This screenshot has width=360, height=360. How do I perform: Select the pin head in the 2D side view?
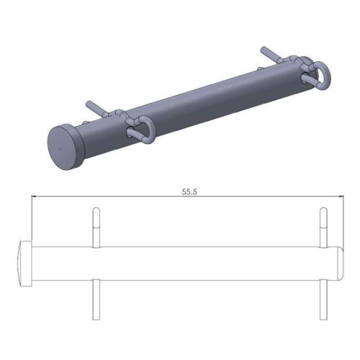[x=24, y=264]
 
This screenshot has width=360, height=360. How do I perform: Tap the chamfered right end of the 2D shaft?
[x=341, y=264]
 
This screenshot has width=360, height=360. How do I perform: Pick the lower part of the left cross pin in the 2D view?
[x=95, y=300]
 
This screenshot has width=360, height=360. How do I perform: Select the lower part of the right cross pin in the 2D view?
[x=323, y=300]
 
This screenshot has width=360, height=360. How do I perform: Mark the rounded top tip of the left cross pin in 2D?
[x=95, y=210]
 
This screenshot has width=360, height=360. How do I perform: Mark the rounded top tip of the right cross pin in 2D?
[x=323, y=210]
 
